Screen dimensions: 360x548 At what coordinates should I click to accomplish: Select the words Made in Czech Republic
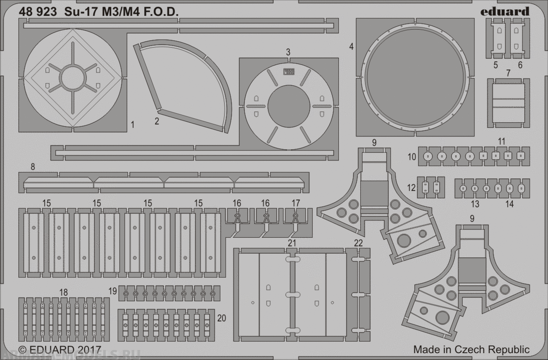point(471,350)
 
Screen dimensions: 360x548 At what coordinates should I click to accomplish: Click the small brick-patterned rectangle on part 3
point(289,71)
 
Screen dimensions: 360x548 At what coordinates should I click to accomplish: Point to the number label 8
point(32,167)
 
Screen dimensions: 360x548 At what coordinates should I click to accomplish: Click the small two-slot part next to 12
point(432,187)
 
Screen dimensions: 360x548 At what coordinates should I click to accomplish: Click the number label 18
point(63,292)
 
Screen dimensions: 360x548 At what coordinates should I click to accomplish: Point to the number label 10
point(411,157)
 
